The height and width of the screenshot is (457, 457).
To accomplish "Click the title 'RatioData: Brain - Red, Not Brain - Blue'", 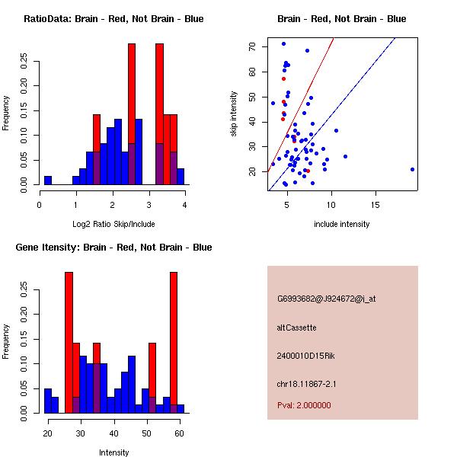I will tap(113, 19).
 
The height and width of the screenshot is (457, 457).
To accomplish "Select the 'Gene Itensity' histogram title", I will tap(113, 248).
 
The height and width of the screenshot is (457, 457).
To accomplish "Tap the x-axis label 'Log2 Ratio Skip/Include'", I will tap(113, 224).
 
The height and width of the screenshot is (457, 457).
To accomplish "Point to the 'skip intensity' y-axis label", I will tap(234, 114).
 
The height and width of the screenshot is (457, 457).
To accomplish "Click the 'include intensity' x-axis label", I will tap(342, 224).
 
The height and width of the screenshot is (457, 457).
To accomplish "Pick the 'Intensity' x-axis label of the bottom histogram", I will tap(113, 452).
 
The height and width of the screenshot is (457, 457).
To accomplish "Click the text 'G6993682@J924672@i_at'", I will tap(327, 299).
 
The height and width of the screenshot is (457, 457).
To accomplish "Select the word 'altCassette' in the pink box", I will tap(296, 328).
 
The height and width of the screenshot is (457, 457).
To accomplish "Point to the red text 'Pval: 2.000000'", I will tap(304, 405).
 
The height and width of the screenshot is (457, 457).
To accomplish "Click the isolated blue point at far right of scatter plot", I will tap(412, 169).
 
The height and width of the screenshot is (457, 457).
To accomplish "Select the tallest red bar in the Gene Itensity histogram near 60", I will tap(174, 343).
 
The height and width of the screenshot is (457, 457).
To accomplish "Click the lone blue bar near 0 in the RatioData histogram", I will tap(48, 180).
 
